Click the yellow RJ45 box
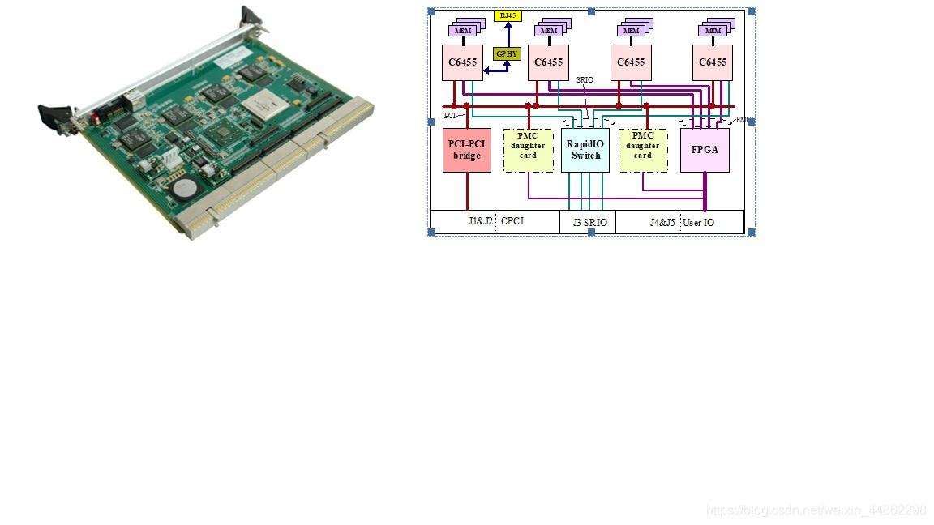508,15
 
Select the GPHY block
507,53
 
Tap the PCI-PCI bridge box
467,150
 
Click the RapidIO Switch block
585,150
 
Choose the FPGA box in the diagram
705,150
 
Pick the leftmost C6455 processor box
462,62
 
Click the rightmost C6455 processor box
713,62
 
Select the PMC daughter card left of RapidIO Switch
528,150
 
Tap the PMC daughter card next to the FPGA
643,150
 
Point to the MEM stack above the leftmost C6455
465,29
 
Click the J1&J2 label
481,221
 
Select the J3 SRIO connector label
589,222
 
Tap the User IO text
698,221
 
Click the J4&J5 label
662,221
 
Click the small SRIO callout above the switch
585,79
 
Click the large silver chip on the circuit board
264,103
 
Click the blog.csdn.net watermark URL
816,510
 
